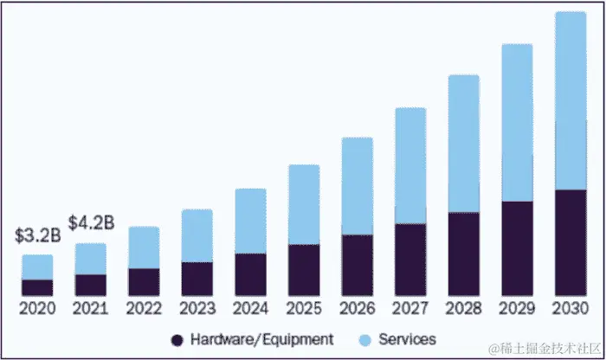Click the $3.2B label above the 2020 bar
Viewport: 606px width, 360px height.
click(x=35, y=235)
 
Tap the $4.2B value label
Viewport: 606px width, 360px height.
click(x=91, y=223)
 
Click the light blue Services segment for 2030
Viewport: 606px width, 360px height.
click(x=571, y=100)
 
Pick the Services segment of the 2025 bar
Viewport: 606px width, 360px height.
click(x=304, y=204)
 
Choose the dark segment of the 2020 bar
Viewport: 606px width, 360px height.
click(x=37, y=287)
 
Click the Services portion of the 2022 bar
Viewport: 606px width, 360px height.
click(x=144, y=247)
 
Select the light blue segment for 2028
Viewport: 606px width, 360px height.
click(x=464, y=143)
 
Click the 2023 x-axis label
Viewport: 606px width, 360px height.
click(x=197, y=309)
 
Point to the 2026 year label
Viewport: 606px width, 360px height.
click(x=357, y=309)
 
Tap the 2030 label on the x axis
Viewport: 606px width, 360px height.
click(x=571, y=309)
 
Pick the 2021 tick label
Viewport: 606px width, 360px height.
click(x=91, y=309)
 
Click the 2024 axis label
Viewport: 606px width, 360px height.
click(x=250, y=309)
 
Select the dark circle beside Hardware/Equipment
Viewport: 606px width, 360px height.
click(x=177, y=340)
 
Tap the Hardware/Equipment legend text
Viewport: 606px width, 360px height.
click(x=262, y=339)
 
